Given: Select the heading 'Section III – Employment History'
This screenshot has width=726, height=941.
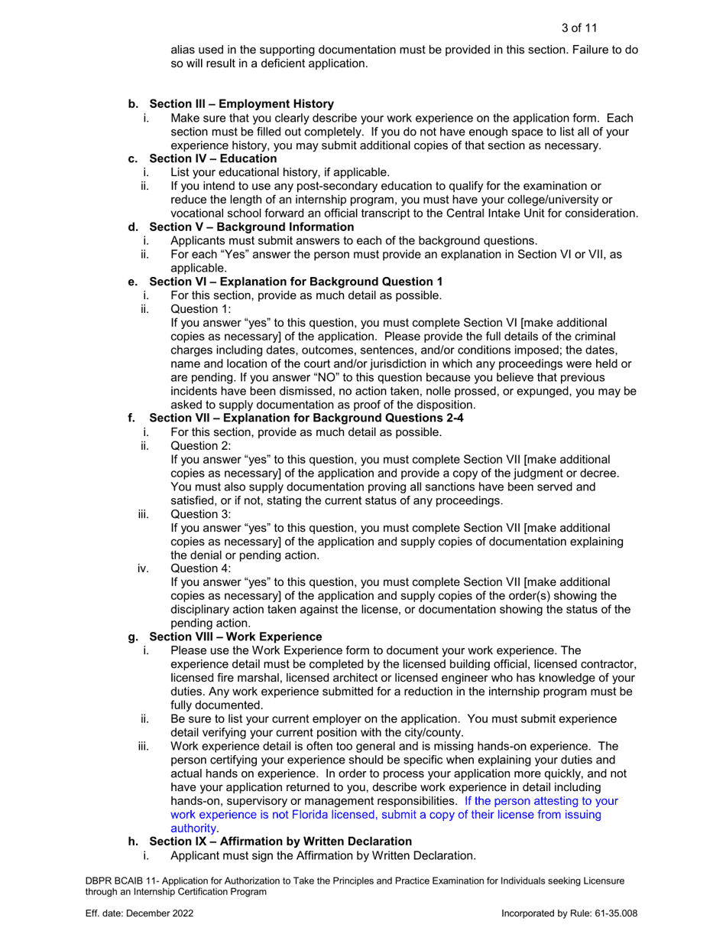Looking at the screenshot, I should (x=241, y=103).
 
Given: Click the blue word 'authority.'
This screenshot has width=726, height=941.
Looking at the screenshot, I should (x=195, y=828).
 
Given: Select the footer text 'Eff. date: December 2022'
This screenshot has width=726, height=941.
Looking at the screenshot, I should (x=138, y=913).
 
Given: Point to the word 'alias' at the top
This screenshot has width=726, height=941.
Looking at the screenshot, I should (x=183, y=50).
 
